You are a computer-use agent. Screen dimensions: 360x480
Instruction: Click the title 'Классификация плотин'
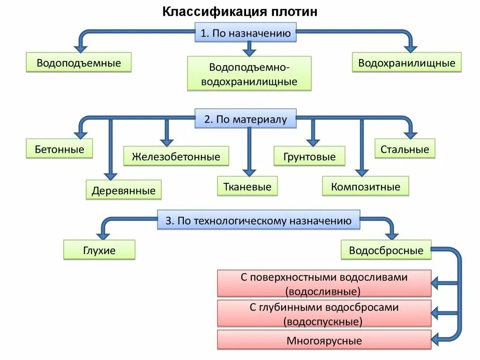coord(240,11)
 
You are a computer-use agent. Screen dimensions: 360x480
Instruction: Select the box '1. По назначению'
coord(246,34)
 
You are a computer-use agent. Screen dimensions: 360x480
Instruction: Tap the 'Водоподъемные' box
coord(78,63)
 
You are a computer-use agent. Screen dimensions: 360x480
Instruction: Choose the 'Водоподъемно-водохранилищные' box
coord(249,74)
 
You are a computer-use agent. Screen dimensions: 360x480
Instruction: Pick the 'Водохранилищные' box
coord(406,63)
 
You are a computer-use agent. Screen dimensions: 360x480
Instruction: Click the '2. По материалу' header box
coord(246,119)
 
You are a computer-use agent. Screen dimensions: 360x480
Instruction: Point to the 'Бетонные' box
coord(60,150)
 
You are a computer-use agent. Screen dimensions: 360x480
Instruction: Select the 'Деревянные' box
coord(124,190)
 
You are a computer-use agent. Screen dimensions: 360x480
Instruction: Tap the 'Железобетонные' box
coord(176,157)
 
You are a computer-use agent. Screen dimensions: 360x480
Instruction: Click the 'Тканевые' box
coord(247,187)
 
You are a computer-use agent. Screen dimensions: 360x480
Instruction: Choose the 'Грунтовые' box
coord(309,157)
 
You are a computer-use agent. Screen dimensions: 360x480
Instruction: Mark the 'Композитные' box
coord(366,187)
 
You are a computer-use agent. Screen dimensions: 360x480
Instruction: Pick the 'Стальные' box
coord(405,149)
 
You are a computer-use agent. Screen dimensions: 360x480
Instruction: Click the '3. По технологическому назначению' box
coord(258,220)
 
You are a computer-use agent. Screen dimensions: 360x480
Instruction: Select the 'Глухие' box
coord(99,250)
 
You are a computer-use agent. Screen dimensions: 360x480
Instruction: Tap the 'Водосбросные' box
coord(386,250)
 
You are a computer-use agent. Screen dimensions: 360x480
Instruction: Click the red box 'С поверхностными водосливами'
coord(324,284)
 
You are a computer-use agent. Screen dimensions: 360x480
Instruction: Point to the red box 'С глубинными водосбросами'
coord(324,314)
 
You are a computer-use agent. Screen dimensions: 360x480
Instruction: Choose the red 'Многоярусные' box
coord(324,340)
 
